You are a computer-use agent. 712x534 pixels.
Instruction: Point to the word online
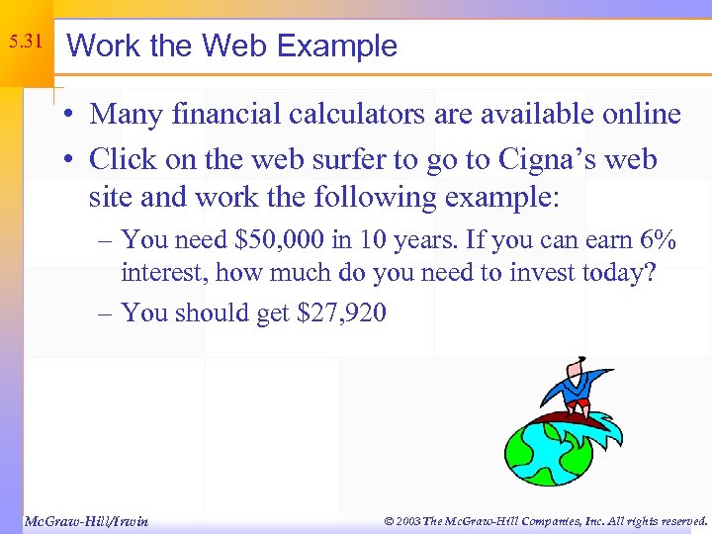coord(635,114)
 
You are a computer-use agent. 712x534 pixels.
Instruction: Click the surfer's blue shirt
coord(573,382)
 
